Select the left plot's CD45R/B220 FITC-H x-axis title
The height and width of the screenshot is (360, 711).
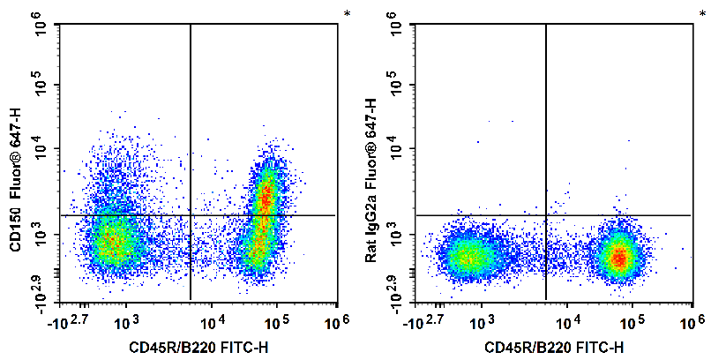[x=199, y=349]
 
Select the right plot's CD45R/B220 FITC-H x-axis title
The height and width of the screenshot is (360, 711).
[x=554, y=349]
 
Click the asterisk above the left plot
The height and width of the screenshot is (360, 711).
[x=347, y=14]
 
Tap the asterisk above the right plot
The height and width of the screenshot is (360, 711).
[x=702, y=14]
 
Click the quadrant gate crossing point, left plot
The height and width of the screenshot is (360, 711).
[x=191, y=215]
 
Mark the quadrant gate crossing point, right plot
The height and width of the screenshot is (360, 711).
[x=546, y=215]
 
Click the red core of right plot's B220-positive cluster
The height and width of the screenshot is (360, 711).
[x=619, y=258]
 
